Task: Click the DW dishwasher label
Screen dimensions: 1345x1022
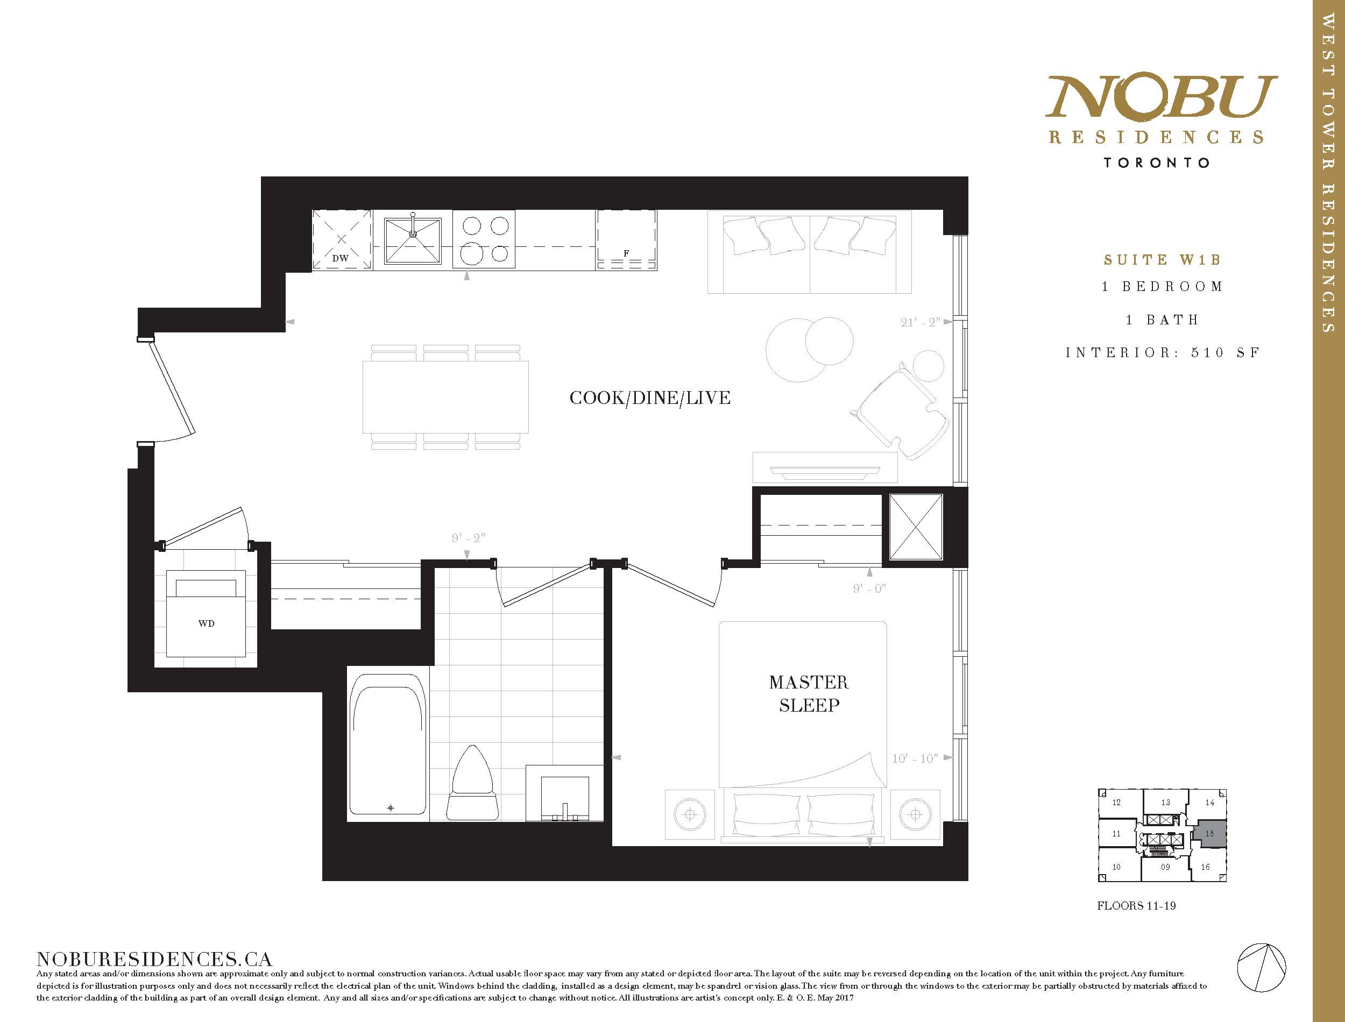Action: (x=340, y=258)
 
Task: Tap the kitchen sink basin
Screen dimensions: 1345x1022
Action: (x=413, y=241)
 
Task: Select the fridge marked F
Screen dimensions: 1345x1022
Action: (x=626, y=240)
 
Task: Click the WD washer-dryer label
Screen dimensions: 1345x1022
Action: (x=206, y=623)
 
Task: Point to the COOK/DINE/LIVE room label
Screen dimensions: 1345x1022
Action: (x=650, y=398)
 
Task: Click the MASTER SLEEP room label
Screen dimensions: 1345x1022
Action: (x=809, y=693)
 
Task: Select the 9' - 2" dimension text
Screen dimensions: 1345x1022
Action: (x=468, y=538)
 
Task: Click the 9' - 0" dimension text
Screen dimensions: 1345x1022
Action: (x=869, y=588)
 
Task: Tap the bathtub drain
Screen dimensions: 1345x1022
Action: (x=391, y=808)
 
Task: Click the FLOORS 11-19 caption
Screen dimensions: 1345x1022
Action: (x=1136, y=922)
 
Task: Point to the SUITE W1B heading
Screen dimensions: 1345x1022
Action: (x=1163, y=260)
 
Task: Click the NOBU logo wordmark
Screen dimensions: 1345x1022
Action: (x=1160, y=97)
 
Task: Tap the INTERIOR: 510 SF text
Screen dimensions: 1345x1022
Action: (x=1163, y=352)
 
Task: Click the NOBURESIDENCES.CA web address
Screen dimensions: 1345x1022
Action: (x=154, y=960)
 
